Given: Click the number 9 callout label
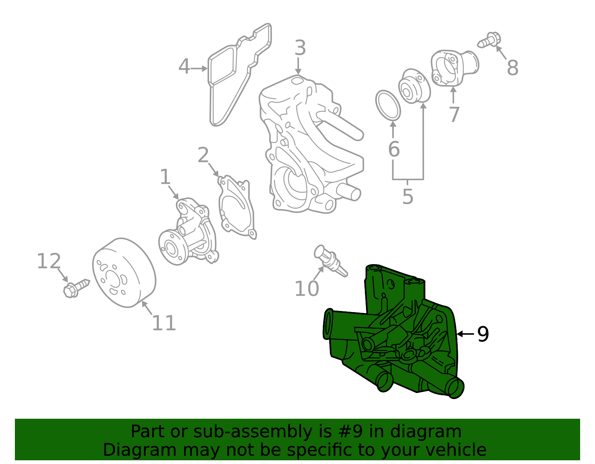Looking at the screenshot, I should [x=483, y=334].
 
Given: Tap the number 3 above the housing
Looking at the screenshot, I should [x=300, y=49].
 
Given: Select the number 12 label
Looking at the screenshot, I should [x=49, y=262].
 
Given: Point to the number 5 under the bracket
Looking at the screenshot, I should [x=408, y=197].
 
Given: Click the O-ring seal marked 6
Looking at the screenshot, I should [x=388, y=106].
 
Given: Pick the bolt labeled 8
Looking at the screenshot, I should [x=490, y=40].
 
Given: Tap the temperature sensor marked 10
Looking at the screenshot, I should [x=330, y=261].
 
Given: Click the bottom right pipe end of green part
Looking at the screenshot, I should [x=455, y=388].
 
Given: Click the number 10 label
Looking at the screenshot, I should [x=306, y=289].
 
